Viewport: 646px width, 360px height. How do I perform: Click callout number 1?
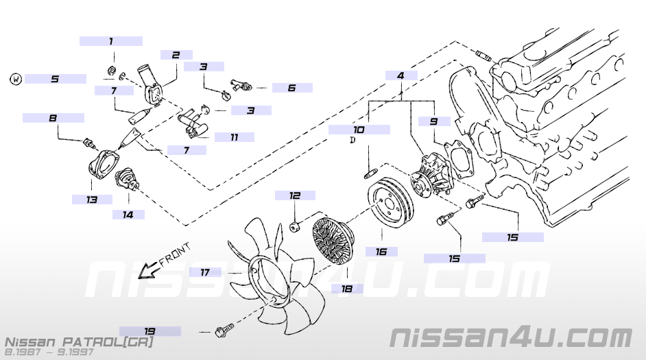(x=111, y=41)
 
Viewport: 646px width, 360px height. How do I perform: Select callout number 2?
(x=176, y=55)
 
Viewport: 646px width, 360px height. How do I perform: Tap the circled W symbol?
(x=16, y=79)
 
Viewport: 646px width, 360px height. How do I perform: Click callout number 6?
(x=291, y=88)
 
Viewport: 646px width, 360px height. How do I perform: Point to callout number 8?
(x=53, y=118)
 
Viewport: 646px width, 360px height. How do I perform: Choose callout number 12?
(x=295, y=195)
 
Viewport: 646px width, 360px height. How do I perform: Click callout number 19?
(x=149, y=331)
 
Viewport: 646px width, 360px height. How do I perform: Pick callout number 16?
(x=381, y=251)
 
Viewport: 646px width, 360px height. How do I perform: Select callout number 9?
(x=433, y=121)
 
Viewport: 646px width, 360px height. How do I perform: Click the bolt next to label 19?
(x=224, y=330)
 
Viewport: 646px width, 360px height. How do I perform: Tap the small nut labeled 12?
(x=295, y=226)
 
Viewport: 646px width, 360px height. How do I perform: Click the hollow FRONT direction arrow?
(x=148, y=271)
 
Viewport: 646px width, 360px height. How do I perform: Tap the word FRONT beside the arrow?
(x=175, y=254)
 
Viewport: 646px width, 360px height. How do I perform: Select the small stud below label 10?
(x=370, y=174)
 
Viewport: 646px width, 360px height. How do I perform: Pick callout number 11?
(x=235, y=137)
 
